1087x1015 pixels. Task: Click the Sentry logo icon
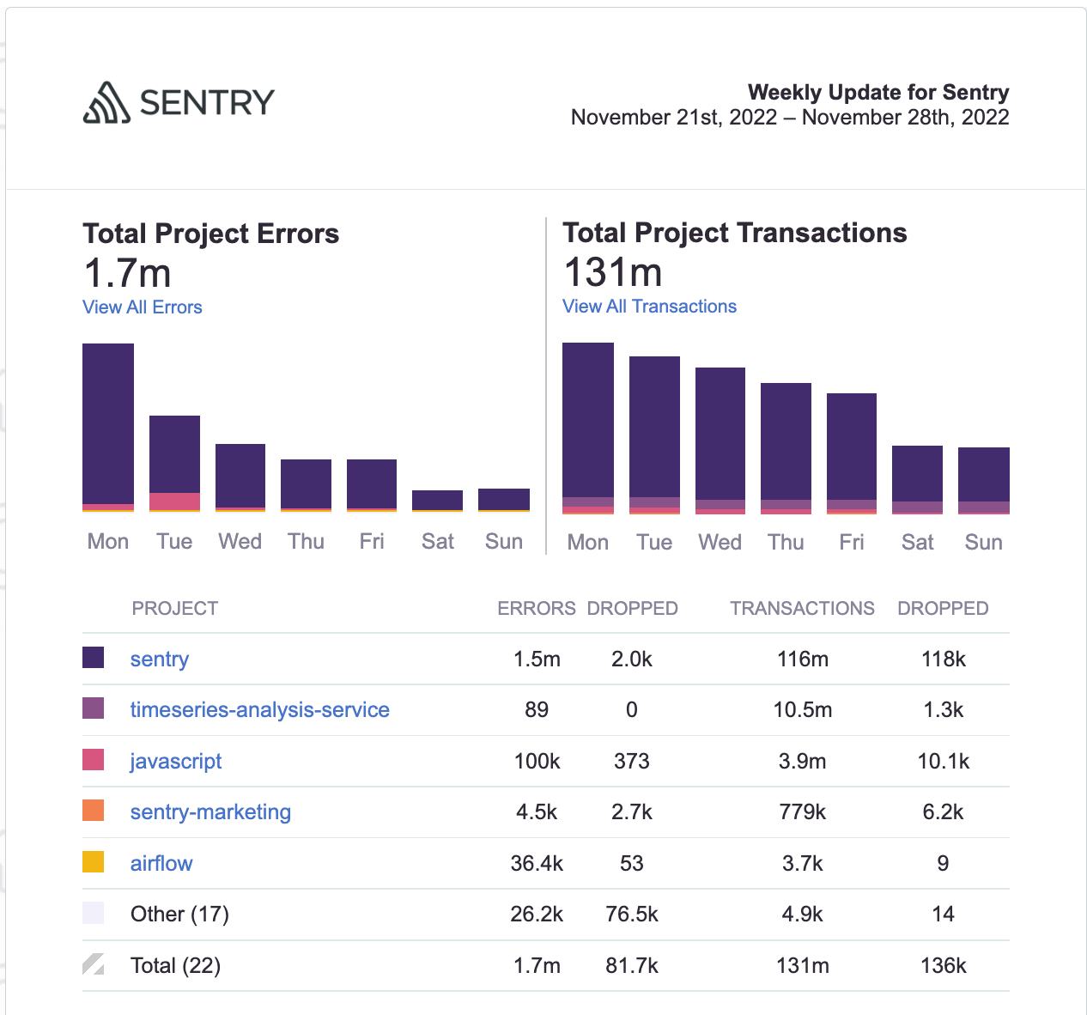coord(106,103)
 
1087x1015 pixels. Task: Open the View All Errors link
coord(143,307)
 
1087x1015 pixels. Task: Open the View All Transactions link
coord(649,307)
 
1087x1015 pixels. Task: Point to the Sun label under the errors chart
coord(503,542)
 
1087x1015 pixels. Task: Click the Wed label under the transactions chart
coord(720,543)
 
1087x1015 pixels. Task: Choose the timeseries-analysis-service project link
coord(259,710)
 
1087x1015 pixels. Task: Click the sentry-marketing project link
coord(210,812)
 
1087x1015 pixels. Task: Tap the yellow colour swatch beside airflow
coord(94,862)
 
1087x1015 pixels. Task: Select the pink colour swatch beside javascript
coord(94,760)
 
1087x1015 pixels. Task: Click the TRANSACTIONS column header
coord(802,609)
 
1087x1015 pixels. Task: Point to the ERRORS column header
coord(537,609)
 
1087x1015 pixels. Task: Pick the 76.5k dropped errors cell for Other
coord(631,915)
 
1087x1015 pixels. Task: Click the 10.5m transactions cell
coord(802,710)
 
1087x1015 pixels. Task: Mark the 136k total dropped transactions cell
coord(943,966)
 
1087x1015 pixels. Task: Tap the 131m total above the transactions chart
coord(613,273)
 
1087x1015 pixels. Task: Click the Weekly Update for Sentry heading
coord(877,93)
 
